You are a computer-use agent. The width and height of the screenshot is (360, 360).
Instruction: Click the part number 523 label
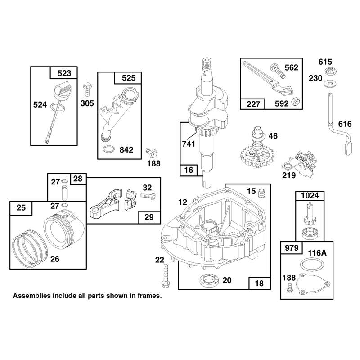[x=64, y=73]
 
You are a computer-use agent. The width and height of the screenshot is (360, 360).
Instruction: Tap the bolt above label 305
[x=87, y=90]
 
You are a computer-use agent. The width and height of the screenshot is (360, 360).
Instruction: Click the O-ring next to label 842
[x=108, y=149]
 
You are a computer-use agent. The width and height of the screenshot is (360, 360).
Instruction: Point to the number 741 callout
[x=189, y=144]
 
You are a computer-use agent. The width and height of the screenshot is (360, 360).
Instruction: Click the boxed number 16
[x=189, y=170]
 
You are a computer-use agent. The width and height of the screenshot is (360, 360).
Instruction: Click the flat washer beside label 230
[x=330, y=84]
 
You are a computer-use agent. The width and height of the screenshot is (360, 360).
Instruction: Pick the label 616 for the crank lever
[x=345, y=124]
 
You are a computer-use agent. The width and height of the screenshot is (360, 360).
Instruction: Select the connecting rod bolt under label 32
[x=148, y=196]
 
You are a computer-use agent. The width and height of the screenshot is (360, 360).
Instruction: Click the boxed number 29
[x=149, y=217]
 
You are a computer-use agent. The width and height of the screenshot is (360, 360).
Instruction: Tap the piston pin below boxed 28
[x=63, y=193]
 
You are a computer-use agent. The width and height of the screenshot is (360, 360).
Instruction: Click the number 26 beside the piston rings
[x=55, y=259]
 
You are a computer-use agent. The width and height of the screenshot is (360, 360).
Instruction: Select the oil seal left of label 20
[x=209, y=280]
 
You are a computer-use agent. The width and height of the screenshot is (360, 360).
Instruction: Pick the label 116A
[x=317, y=253]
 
